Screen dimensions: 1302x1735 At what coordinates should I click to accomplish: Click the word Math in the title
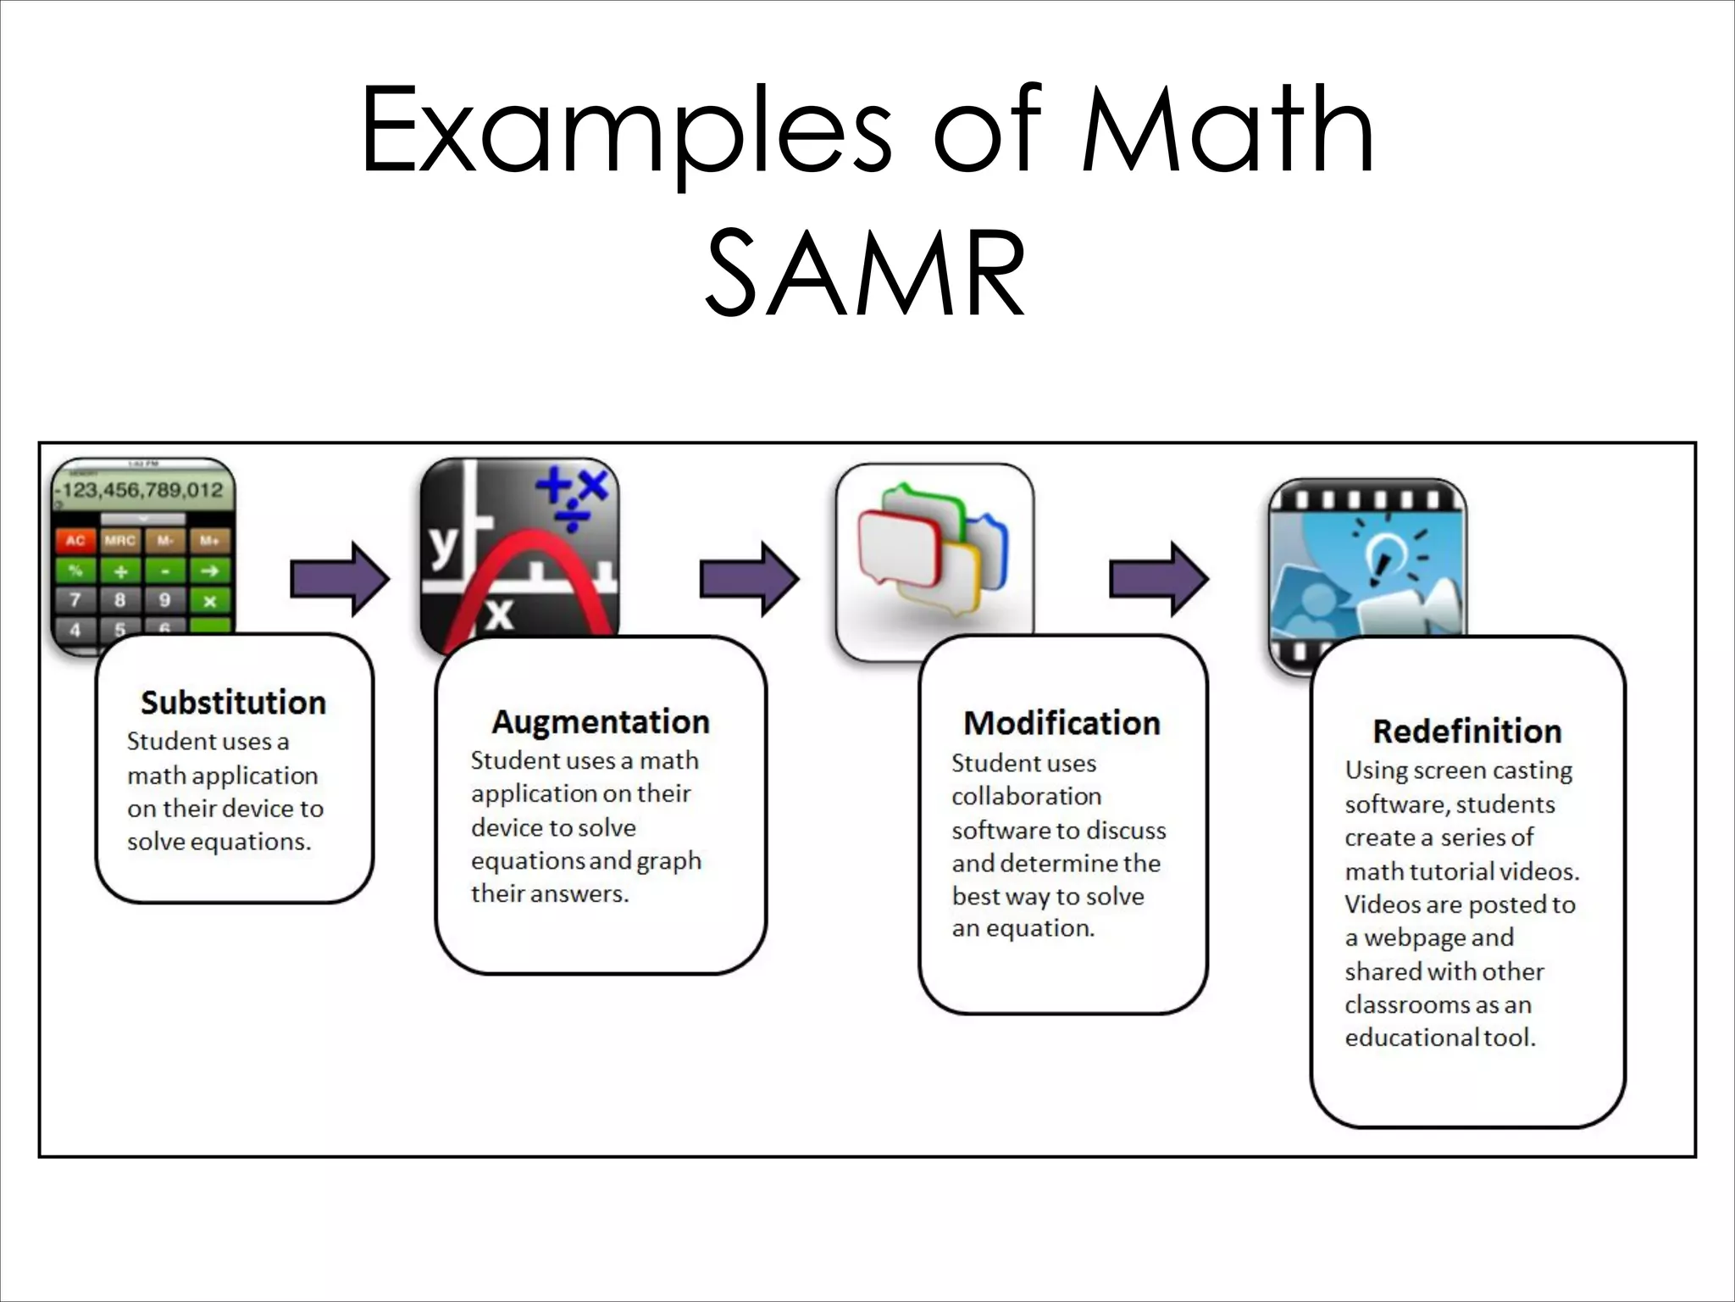click(1228, 130)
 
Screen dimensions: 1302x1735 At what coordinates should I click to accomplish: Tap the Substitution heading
click(233, 703)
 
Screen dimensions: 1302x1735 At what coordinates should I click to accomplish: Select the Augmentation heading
click(601, 722)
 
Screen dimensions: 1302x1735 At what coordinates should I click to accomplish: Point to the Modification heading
click(1062, 723)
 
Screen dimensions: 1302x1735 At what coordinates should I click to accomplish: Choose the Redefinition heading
click(1466, 731)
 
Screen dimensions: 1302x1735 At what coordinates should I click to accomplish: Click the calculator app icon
click(142, 551)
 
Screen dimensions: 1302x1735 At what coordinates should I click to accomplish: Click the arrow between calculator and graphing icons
click(340, 580)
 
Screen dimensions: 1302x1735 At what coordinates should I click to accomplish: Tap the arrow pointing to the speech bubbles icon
click(749, 580)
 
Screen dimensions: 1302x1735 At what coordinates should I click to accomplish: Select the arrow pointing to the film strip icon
click(1159, 580)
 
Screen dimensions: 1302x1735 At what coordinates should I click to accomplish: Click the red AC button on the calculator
click(75, 540)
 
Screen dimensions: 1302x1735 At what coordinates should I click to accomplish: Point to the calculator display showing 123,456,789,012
click(141, 490)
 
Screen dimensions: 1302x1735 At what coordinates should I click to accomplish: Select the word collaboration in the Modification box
click(1026, 796)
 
